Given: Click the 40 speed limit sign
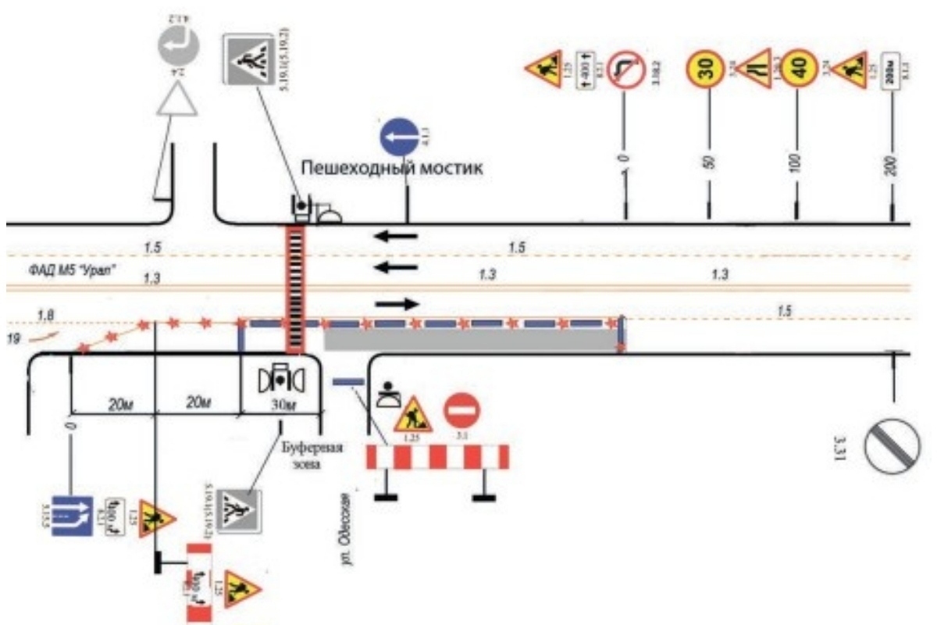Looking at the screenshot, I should (798, 69).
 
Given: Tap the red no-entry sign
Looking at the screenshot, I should (462, 412).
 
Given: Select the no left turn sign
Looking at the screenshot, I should (625, 69).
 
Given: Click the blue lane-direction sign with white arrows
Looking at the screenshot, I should (72, 515).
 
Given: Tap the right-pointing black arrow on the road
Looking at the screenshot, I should (397, 303).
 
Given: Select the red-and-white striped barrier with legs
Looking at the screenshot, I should (437, 457).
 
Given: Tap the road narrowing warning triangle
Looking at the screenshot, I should (754, 69).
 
